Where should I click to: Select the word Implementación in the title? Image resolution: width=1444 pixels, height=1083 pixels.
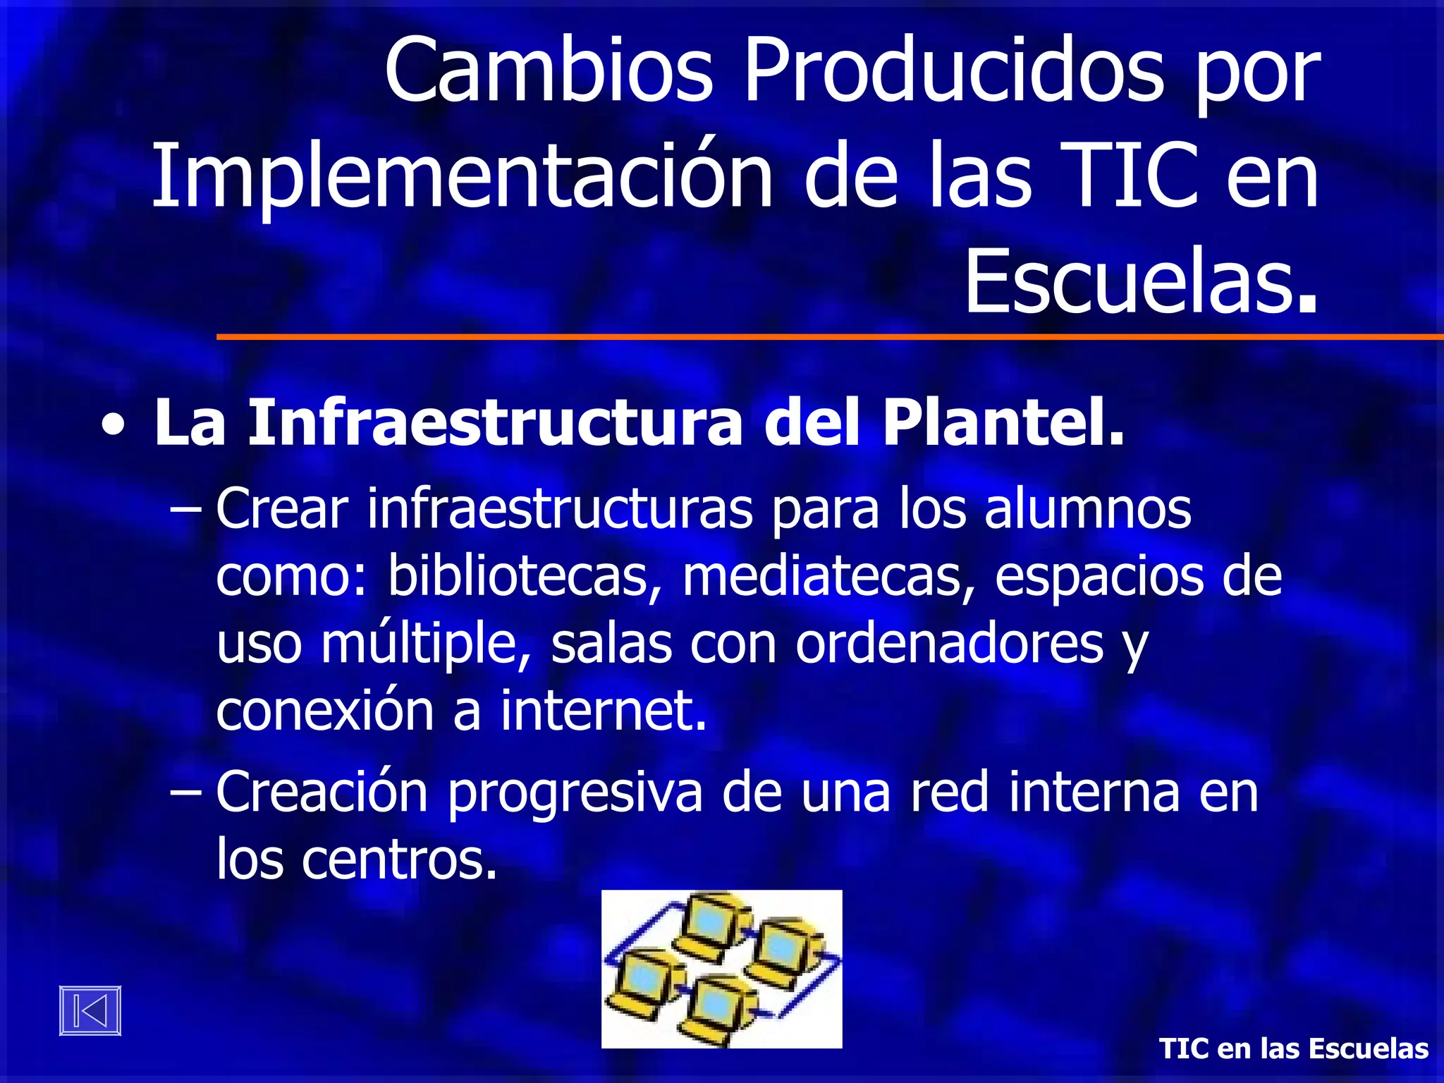point(462,176)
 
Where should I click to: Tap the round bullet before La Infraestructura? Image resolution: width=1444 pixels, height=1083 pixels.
point(114,426)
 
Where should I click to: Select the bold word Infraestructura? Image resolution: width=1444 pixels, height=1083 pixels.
point(494,423)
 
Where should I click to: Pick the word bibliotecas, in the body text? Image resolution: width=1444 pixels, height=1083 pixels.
point(525,577)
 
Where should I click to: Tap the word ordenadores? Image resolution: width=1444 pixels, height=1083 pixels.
point(949,644)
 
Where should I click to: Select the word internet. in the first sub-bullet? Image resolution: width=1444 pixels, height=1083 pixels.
point(604,710)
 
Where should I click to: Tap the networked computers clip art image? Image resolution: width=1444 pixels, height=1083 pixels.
point(721,969)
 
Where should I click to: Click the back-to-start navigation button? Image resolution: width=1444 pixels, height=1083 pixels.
point(90,1010)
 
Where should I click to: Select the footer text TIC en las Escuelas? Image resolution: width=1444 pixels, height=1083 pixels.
point(1294,1048)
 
